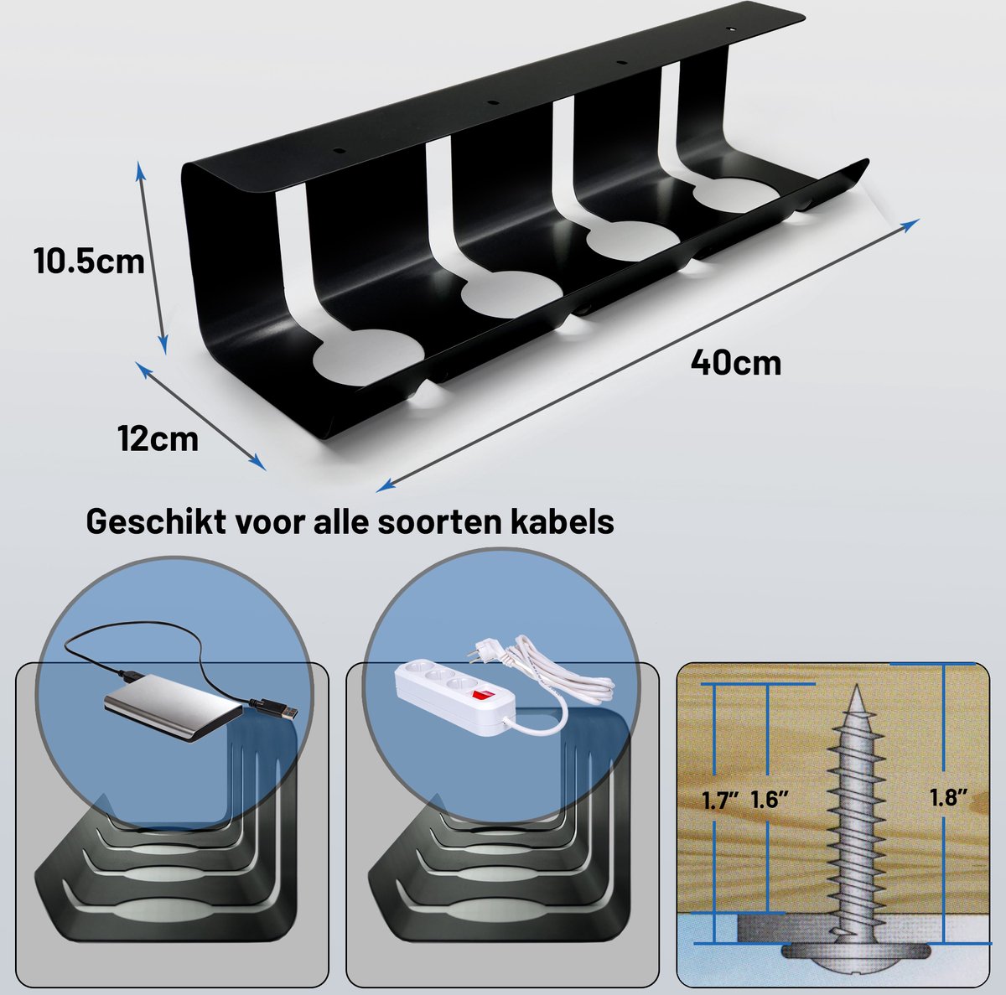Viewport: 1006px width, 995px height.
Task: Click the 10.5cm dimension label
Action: click(x=89, y=261)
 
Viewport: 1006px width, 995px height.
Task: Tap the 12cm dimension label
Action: click(x=158, y=439)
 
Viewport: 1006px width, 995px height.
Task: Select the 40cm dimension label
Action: click(x=736, y=363)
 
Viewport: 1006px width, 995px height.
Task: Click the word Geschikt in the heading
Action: click(x=153, y=522)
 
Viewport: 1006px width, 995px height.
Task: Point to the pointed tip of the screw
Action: click(x=856, y=687)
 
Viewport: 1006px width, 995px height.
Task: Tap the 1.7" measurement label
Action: click(x=721, y=801)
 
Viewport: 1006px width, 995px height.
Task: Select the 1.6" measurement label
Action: click(x=770, y=800)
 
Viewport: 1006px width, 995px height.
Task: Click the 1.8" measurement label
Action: click(x=948, y=796)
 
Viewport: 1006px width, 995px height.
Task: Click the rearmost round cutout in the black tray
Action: click(x=737, y=194)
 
